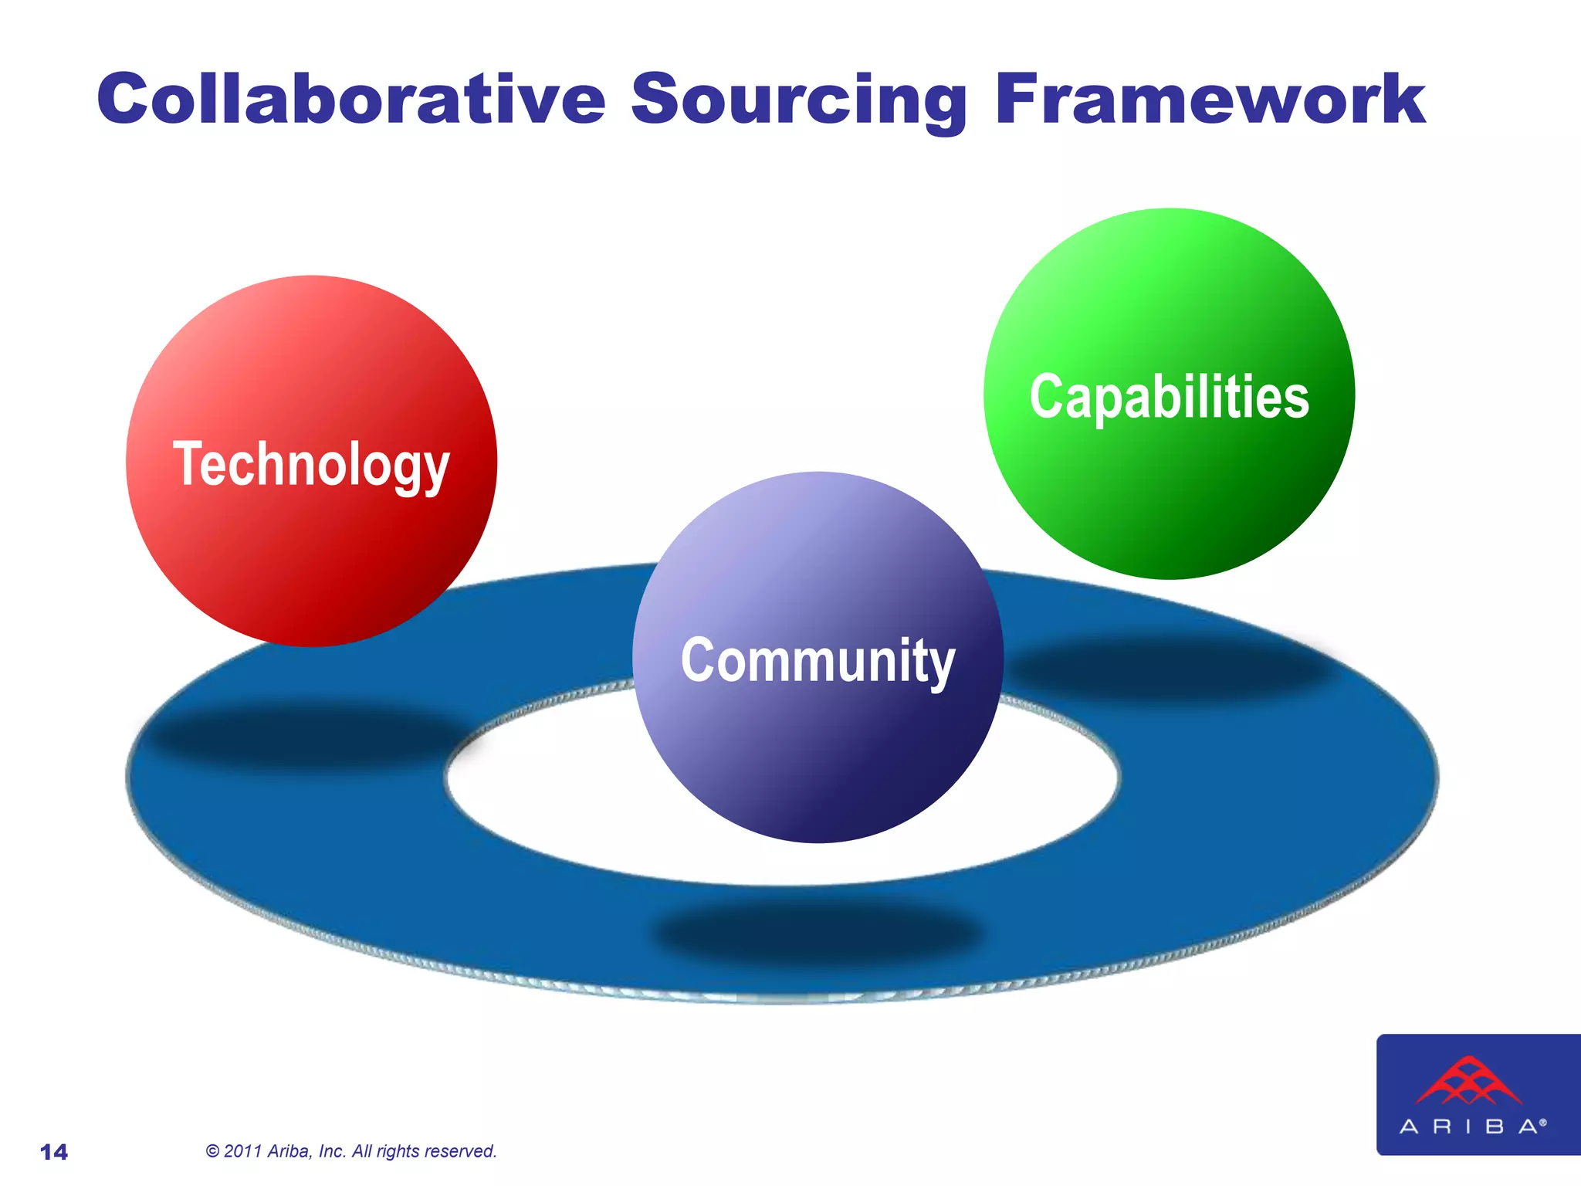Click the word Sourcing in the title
[799, 100]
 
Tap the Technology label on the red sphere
[311, 465]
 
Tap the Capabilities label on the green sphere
[1169, 397]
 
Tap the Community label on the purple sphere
[818, 661]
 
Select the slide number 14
[54, 1152]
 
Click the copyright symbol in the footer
[213, 1151]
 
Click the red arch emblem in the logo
[1468, 1081]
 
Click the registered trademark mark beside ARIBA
[1543, 1122]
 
